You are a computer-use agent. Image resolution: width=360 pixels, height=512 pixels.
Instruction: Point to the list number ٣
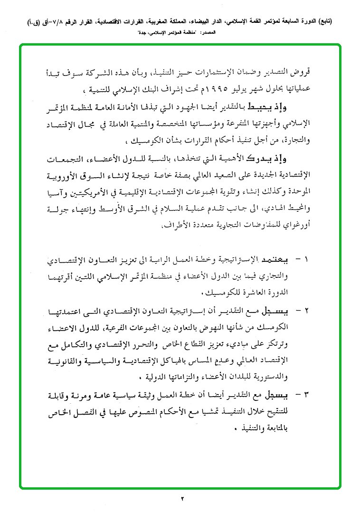point(306,395)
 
